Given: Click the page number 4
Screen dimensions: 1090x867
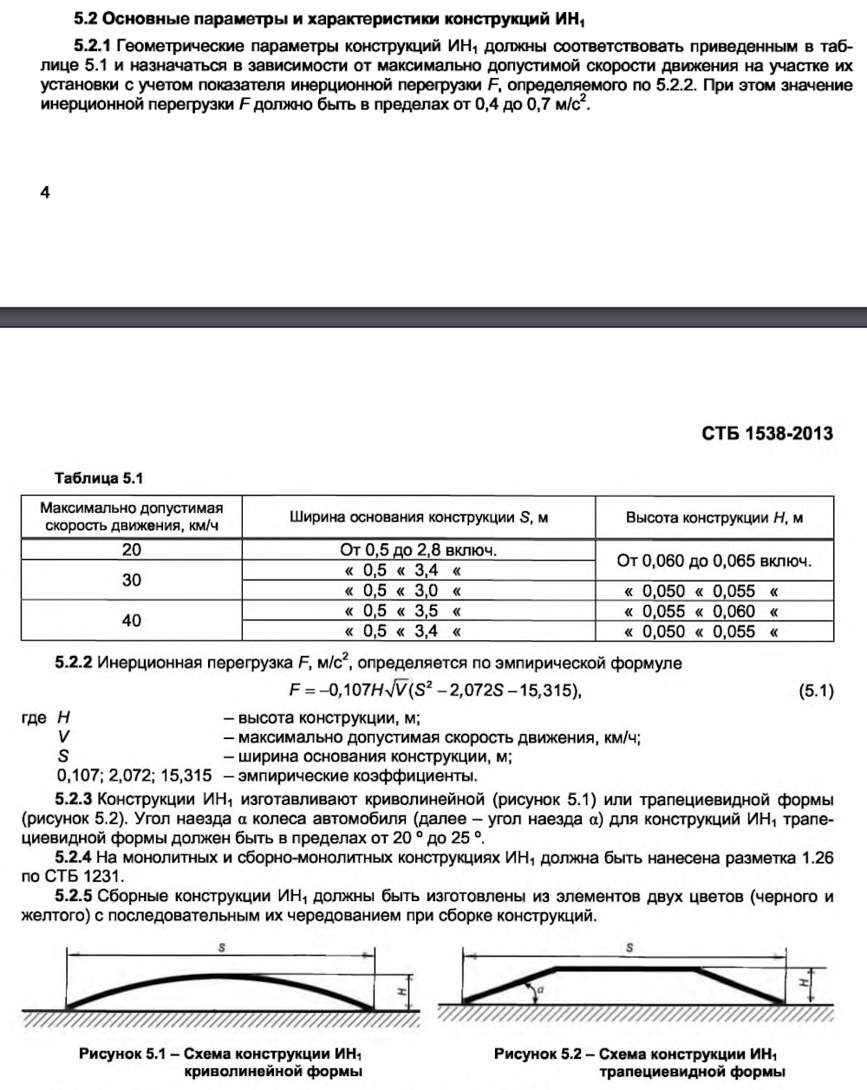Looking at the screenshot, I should click(x=45, y=192).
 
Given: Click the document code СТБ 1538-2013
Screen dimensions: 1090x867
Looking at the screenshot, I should click(x=766, y=433).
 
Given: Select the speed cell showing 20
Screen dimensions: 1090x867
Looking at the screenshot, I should click(x=132, y=549).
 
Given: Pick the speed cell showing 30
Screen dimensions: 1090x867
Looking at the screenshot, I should click(x=132, y=580).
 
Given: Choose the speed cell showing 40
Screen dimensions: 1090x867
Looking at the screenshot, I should click(x=132, y=620).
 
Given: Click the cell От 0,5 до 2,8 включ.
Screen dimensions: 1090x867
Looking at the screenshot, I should click(x=418, y=549).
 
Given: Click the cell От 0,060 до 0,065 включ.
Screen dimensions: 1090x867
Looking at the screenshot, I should click(x=714, y=560).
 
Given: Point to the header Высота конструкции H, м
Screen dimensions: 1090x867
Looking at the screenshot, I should click(x=714, y=517).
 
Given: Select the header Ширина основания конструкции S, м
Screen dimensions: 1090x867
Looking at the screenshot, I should click(x=418, y=517).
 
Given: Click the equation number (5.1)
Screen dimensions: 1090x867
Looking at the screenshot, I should click(x=814, y=691).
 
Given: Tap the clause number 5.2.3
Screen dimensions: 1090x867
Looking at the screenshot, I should click(x=74, y=798).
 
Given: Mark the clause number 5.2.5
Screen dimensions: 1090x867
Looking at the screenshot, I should click(x=74, y=895).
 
